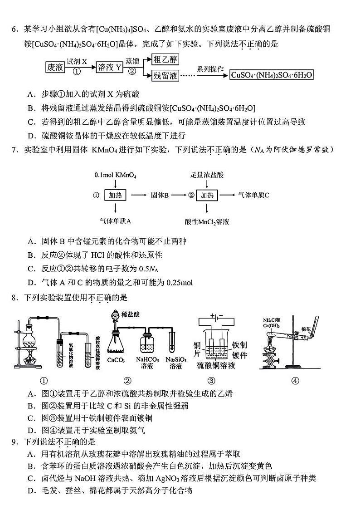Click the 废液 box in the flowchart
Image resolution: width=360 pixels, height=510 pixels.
tap(55, 68)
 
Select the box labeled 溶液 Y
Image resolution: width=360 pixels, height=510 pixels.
tap(110, 68)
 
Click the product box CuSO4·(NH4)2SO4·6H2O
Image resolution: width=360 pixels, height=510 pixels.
tap(272, 75)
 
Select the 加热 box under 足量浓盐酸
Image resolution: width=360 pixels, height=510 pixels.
tap(207, 195)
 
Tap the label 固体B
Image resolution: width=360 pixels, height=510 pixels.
tap(160, 195)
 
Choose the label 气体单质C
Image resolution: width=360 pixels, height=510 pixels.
tap(253, 195)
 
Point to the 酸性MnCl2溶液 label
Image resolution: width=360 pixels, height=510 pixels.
tap(207, 222)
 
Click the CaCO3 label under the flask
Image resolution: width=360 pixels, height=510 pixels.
tap(117, 361)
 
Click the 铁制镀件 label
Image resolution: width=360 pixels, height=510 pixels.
tap(239, 351)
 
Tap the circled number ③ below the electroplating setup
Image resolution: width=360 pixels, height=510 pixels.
tap(211, 381)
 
